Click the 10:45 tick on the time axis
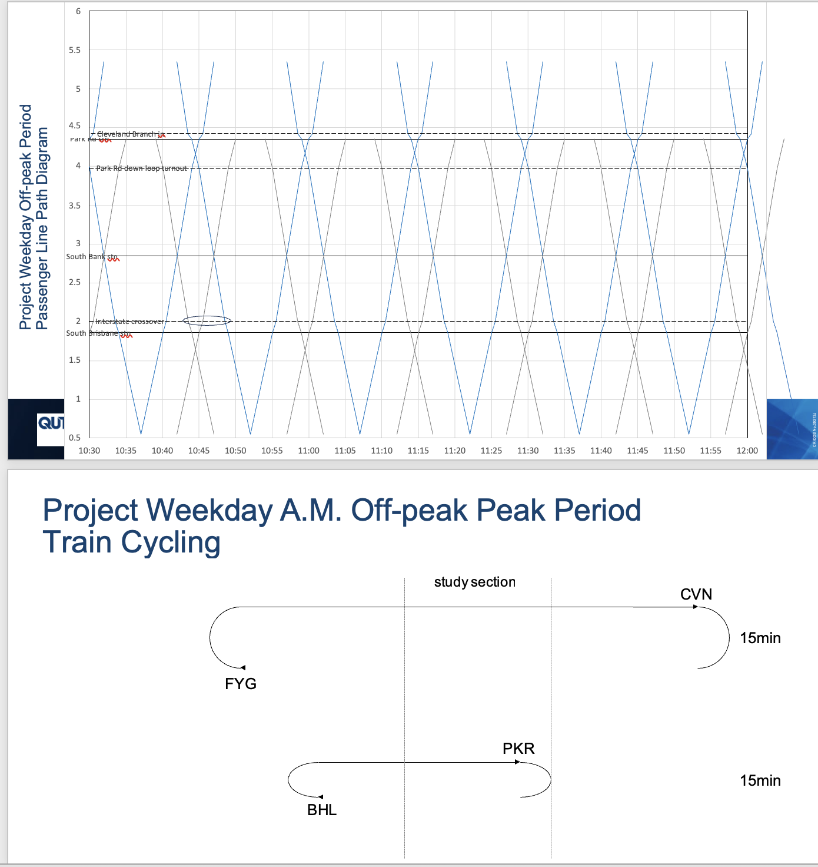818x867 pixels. point(198,451)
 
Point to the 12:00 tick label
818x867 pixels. point(747,451)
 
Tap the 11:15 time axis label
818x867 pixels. point(418,451)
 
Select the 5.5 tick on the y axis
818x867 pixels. point(75,50)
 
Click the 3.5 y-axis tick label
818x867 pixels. point(75,206)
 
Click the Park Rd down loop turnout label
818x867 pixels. point(141,168)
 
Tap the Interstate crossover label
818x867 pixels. point(129,322)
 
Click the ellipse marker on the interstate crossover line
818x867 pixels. point(207,321)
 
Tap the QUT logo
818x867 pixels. point(51,422)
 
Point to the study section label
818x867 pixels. point(474,583)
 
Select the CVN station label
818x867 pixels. point(696,594)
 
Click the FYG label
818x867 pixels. point(241,684)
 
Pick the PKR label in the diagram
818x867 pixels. point(518,749)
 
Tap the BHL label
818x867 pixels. point(322,810)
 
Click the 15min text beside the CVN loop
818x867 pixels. point(760,638)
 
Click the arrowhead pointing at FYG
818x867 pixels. point(242,667)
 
